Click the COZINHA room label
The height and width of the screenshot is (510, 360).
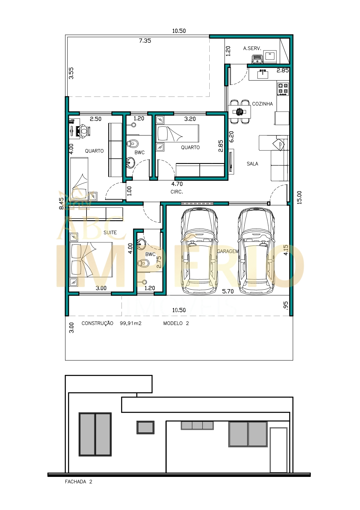[262, 104]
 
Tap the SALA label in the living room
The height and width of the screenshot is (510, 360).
[252, 164]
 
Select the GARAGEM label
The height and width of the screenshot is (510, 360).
[228, 251]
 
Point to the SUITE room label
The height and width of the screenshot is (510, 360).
[110, 232]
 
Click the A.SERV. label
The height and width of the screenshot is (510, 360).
[252, 48]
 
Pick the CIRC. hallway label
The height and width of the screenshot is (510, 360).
[177, 192]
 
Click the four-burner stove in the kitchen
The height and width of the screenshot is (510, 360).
[283, 89]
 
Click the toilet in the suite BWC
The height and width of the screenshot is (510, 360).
[143, 263]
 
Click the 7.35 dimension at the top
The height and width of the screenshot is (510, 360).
[145, 41]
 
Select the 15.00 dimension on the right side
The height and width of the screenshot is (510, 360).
[299, 197]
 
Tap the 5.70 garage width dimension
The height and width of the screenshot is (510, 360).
[228, 291]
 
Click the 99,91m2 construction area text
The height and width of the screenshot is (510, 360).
[131, 323]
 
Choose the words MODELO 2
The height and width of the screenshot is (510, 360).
[176, 323]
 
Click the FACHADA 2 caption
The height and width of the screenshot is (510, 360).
[78, 482]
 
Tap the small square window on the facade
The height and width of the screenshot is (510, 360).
[145, 427]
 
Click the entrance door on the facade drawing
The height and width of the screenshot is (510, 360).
[278, 450]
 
